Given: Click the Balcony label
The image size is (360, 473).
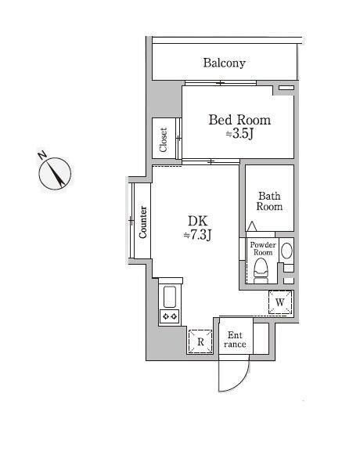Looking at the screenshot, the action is [224, 63].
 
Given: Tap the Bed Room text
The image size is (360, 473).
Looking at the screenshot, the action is [239, 120].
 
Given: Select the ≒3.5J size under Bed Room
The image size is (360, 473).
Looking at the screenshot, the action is [239, 134].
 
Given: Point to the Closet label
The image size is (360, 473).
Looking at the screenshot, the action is [163, 139].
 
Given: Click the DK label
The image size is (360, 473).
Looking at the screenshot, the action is [198, 221].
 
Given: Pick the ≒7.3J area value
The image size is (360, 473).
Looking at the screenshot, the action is [198, 235].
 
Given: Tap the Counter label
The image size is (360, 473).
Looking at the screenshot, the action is [142, 222].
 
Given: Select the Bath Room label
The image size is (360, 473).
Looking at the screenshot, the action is [269, 201].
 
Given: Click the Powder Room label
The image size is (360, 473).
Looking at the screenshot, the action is [263, 248].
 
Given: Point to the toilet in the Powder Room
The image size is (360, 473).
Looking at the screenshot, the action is [261, 273].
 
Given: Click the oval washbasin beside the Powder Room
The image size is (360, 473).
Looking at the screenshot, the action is [286, 251].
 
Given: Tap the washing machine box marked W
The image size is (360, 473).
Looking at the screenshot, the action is [280, 302].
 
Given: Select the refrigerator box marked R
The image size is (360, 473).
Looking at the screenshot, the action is [200, 341].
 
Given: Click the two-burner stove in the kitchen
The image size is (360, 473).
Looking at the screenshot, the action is [170, 316].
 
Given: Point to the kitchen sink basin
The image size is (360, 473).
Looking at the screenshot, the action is [170, 297].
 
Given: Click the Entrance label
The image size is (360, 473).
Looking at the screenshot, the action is [235, 340].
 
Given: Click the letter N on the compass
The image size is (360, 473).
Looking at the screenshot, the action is [42, 155].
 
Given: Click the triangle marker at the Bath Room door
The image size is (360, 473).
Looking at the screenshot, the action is [252, 226].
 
